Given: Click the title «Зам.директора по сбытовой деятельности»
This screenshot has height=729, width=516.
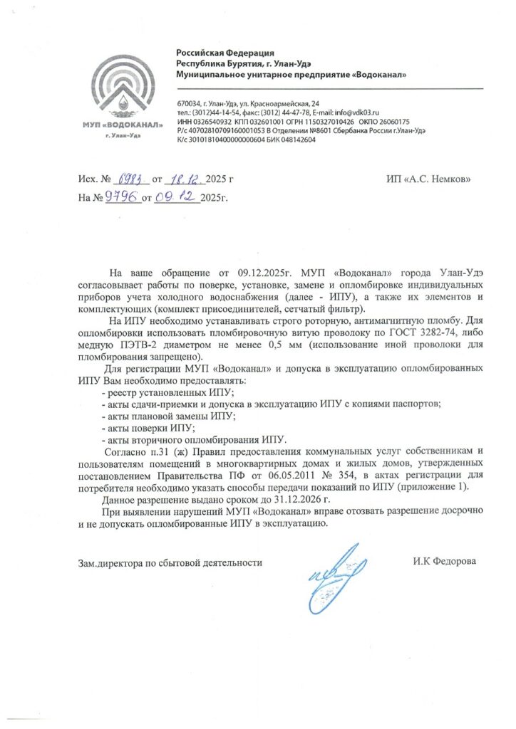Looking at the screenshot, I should (x=170, y=562).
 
